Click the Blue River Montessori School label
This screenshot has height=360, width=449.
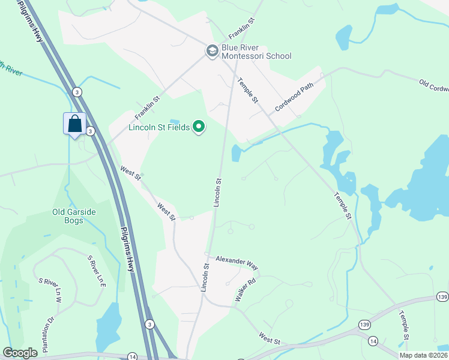(256, 52)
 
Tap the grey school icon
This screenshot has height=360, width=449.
(212, 51)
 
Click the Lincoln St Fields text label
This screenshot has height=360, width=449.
(159, 127)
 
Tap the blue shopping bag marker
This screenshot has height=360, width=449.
(74, 124)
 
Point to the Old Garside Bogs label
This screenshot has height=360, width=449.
(74, 216)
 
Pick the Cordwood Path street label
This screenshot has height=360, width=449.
(294, 97)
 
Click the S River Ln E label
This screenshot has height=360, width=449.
(97, 271)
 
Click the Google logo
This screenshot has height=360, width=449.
(20, 353)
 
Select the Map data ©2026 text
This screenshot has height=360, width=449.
(423, 355)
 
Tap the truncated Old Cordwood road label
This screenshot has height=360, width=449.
(433, 86)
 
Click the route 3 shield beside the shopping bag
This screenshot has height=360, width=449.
(89, 131)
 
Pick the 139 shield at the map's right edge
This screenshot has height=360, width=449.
(442, 298)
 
